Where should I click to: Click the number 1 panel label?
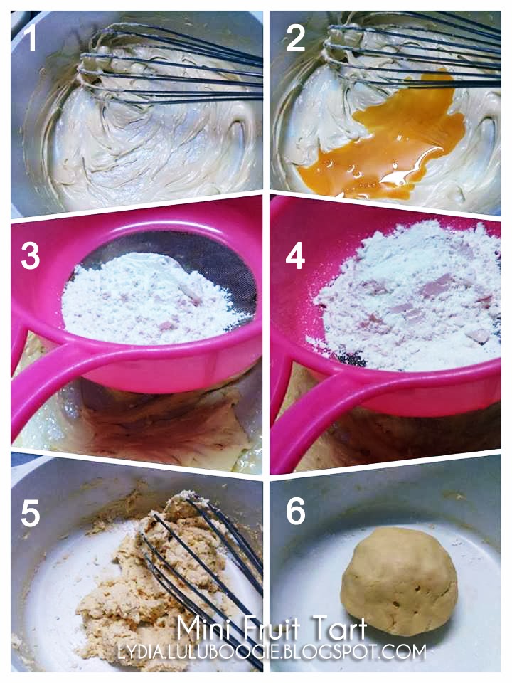[x=30, y=38]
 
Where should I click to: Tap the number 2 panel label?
[x=296, y=38]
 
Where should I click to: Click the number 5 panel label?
[x=30, y=513]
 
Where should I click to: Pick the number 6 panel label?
[x=296, y=510]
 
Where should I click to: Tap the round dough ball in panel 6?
[x=399, y=581]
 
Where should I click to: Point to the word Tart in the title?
[x=340, y=628]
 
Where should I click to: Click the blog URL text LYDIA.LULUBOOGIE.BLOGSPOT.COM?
[x=272, y=652]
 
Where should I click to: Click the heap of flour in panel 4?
[x=407, y=296]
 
